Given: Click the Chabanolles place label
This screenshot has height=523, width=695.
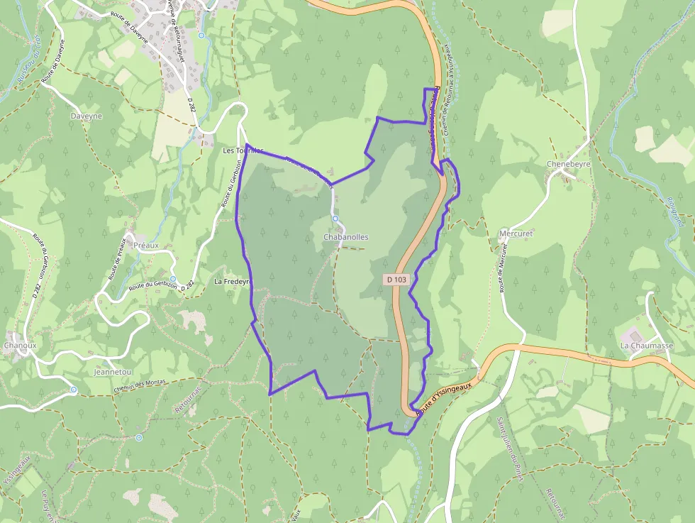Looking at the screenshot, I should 345,237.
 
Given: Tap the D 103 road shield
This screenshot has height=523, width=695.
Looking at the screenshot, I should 397,280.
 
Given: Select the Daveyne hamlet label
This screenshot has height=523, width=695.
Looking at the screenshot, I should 87,116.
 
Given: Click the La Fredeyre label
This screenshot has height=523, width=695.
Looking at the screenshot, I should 233,282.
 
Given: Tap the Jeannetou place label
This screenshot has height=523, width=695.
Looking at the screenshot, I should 113,372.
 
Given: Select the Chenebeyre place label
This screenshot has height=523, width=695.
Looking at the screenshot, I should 569,164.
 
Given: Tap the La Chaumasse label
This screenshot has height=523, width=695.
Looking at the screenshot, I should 646,346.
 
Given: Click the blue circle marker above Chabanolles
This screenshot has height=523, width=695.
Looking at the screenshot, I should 335,219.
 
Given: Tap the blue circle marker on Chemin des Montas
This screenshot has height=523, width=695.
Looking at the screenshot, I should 74,390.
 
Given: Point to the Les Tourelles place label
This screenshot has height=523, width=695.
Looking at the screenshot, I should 243,151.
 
